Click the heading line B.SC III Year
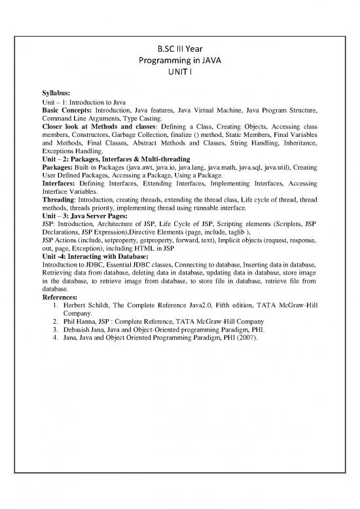[180, 48]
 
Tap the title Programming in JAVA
[180, 61]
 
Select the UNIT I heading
[180, 74]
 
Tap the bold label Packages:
[58, 168]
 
